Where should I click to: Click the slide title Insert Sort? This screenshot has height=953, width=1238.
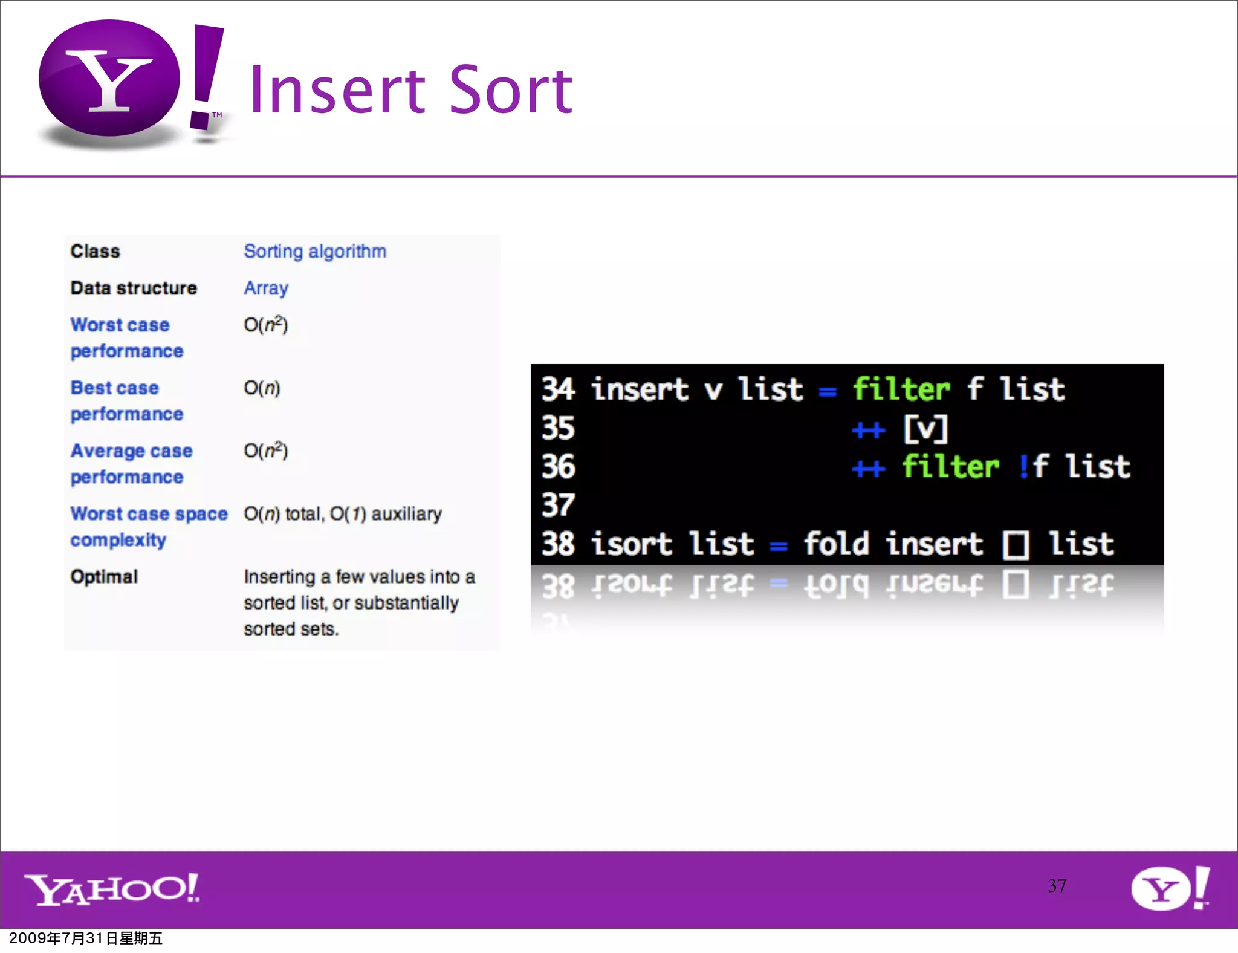click(x=410, y=91)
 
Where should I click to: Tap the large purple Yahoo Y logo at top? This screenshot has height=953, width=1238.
click(x=110, y=79)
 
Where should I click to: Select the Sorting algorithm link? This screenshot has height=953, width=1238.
click(x=314, y=251)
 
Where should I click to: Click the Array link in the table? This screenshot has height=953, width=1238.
click(x=265, y=288)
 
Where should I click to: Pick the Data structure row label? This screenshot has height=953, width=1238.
click(x=134, y=288)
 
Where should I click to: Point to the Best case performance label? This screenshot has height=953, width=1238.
click(x=126, y=400)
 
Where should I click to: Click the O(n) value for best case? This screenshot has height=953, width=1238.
click(x=262, y=388)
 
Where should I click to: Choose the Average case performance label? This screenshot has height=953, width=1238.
click(x=131, y=463)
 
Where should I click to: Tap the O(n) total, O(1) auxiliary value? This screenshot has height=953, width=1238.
click(x=342, y=514)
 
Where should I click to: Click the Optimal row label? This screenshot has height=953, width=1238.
click(x=104, y=576)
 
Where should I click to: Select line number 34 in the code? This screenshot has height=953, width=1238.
click(x=557, y=389)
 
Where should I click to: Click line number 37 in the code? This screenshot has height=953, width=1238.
click(x=557, y=505)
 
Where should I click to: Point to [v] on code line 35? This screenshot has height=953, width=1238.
click(x=925, y=428)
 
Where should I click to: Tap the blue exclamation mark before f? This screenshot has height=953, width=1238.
click(x=1023, y=466)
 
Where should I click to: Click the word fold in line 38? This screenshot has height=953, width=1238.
click(x=836, y=543)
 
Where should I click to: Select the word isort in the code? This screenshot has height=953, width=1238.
click(x=630, y=543)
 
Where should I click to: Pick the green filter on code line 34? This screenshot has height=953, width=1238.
click(x=901, y=389)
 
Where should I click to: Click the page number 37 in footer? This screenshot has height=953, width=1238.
click(x=1057, y=886)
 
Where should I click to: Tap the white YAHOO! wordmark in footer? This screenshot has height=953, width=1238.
click(x=112, y=889)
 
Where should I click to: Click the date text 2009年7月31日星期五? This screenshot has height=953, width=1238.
click(x=86, y=938)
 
